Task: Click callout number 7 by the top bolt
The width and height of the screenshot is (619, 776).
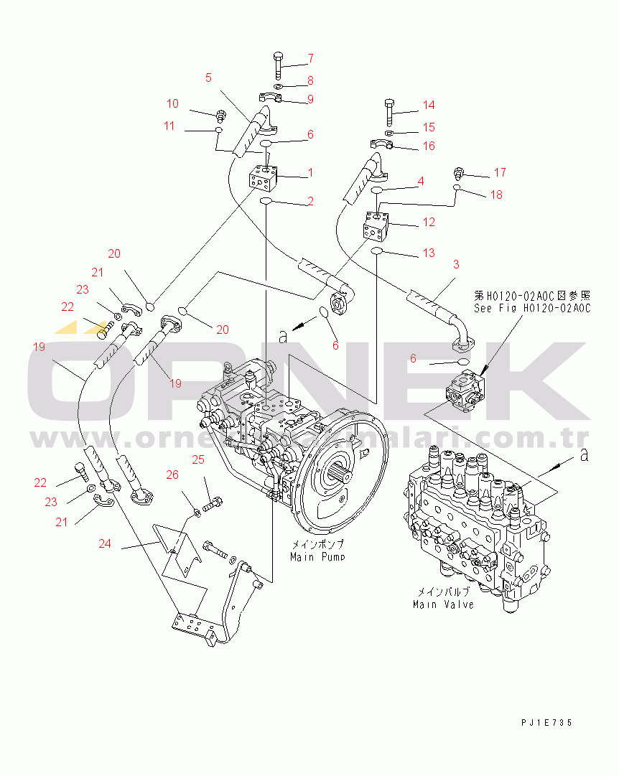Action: coord(311,58)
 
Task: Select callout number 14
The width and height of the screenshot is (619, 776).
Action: coord(429,105)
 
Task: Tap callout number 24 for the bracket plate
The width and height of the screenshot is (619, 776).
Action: coord(105,543)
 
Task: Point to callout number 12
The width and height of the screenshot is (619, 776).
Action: coord(429,223)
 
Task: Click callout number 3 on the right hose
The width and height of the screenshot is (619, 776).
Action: coord(455,265)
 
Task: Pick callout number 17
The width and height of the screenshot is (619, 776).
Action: coord(500,172)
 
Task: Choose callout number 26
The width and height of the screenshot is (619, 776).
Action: coord(172,475)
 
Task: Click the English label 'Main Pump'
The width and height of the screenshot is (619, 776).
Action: coord(317,556)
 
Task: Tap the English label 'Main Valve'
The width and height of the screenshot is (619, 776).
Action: coord(443,604)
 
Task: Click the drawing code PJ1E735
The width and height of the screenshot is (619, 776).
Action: coord(547,723)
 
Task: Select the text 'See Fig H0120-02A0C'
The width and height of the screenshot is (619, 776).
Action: coord(531,308)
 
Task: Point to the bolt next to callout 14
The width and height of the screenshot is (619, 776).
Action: coord(388,112)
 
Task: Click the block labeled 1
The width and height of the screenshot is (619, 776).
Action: coord(264,177)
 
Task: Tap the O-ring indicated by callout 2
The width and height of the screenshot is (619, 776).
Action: coord(264,202)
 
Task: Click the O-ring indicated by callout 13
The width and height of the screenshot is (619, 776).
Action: coord(376,251)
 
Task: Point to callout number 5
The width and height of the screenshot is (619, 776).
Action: coord(208,78)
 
